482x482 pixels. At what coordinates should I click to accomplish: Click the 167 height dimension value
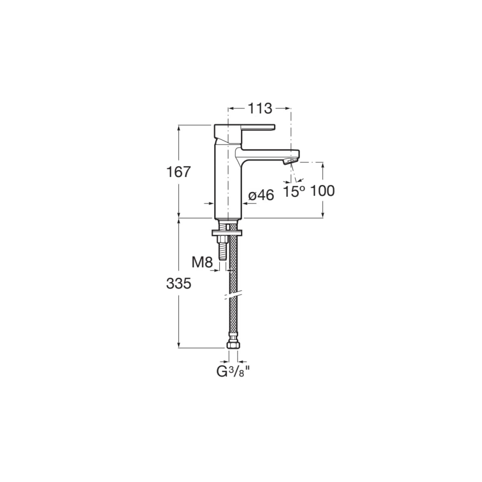[x=178, y=172]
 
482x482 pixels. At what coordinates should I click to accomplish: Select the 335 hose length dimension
[x=179, y=284]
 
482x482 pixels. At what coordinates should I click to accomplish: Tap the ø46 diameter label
[x=261, y=195]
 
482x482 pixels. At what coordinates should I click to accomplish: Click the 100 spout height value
[x=322, y=191]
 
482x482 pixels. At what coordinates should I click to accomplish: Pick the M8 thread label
[x=202, y=262]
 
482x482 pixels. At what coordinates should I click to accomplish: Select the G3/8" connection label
[x=233, y=379]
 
